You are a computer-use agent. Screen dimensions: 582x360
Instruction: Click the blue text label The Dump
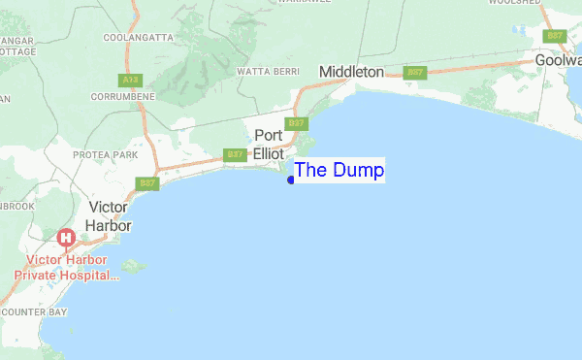pyautogui.click(x=339, y=171)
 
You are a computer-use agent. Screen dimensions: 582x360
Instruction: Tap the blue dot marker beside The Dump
pyautogui.click(x=291, y=180)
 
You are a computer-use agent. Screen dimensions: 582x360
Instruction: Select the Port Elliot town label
pyautogui.click(x=269, y=145)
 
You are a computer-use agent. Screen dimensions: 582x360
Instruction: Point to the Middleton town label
pyautogui.click(x=351, y=73)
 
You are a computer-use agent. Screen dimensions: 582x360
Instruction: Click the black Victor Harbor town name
pyautogui.click(x=110, y=216)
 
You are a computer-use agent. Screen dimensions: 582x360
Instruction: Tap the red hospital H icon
pyautogui.click(x=66, y=238)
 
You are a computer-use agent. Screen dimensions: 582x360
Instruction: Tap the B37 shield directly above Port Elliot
pyautogui.click(x=298, y=123)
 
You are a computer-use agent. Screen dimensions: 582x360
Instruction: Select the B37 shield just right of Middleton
pyautogui.click(x=415, y=72)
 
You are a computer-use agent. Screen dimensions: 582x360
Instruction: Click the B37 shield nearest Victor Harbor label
pyautogui.click(x=147, y=182)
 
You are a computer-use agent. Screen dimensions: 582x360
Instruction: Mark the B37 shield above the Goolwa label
pyautogui.click(x=555, y=36)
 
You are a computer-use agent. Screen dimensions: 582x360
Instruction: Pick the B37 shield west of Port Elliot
pyautogui.click(x=234, y=154)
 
